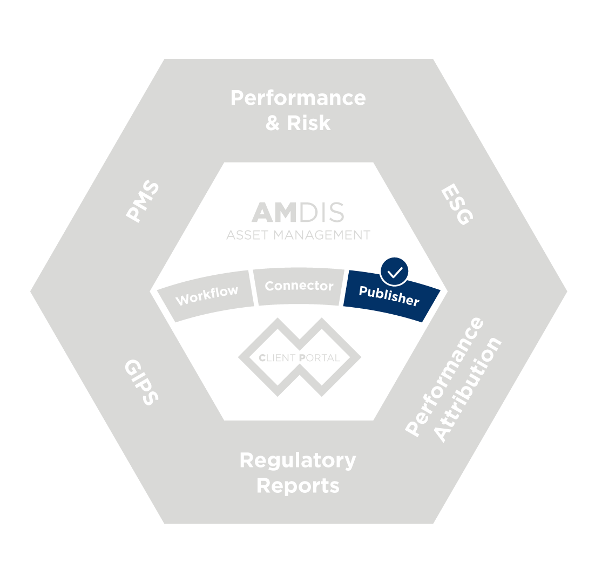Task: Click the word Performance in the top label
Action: point(297,98)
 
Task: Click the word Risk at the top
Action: point(308,123)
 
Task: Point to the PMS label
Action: point(143,202)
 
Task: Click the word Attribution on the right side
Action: point(468,390)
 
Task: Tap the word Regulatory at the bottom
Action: point(297,460)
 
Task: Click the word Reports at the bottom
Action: point(297,485)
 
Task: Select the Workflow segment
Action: point(207,295)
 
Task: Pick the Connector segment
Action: point(299,286)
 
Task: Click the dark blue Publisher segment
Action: point(389,295)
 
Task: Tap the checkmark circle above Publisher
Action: point(394,272)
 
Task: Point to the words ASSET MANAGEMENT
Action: point(298,235)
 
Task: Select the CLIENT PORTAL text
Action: point(299,357)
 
